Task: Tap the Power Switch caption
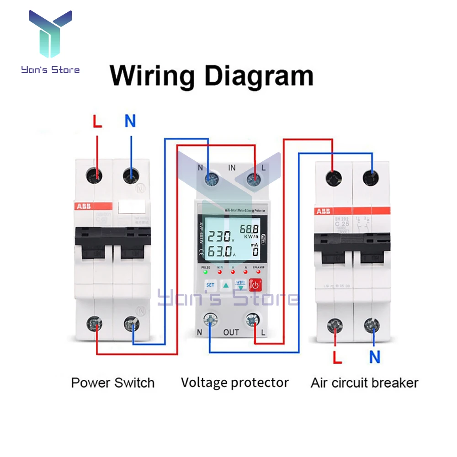112,383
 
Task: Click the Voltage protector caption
234,383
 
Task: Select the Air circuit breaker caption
364,383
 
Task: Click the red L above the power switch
97,122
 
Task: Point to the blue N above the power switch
130,122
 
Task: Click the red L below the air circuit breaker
337,357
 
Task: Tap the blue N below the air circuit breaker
375,357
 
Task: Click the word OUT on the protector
231,332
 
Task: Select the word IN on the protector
232,168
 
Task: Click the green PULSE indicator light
206,272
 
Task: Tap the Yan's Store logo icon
50,34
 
